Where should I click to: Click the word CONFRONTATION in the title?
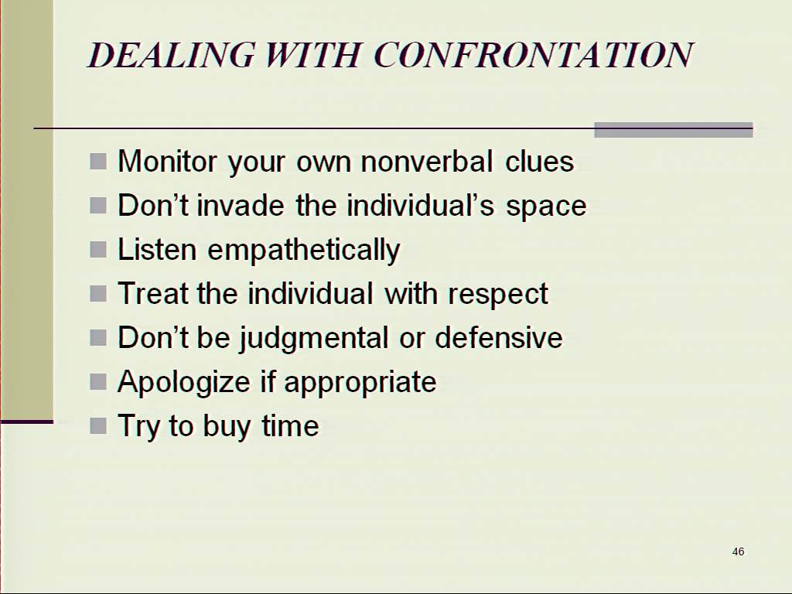534,55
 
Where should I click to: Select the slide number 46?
738,551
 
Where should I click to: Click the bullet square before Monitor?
98,162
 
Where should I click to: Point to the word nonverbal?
427,162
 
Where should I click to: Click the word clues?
539,162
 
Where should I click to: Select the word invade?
240,206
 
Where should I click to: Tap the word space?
546,207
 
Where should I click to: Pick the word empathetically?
304,251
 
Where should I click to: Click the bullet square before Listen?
98,250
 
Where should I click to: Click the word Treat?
152,293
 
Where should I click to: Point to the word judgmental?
313,339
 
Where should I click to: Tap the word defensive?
499,337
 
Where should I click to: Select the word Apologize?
183,382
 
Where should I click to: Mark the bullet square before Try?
98,425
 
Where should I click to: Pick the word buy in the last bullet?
227,427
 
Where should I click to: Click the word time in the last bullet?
290,425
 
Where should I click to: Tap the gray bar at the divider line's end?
674,130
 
